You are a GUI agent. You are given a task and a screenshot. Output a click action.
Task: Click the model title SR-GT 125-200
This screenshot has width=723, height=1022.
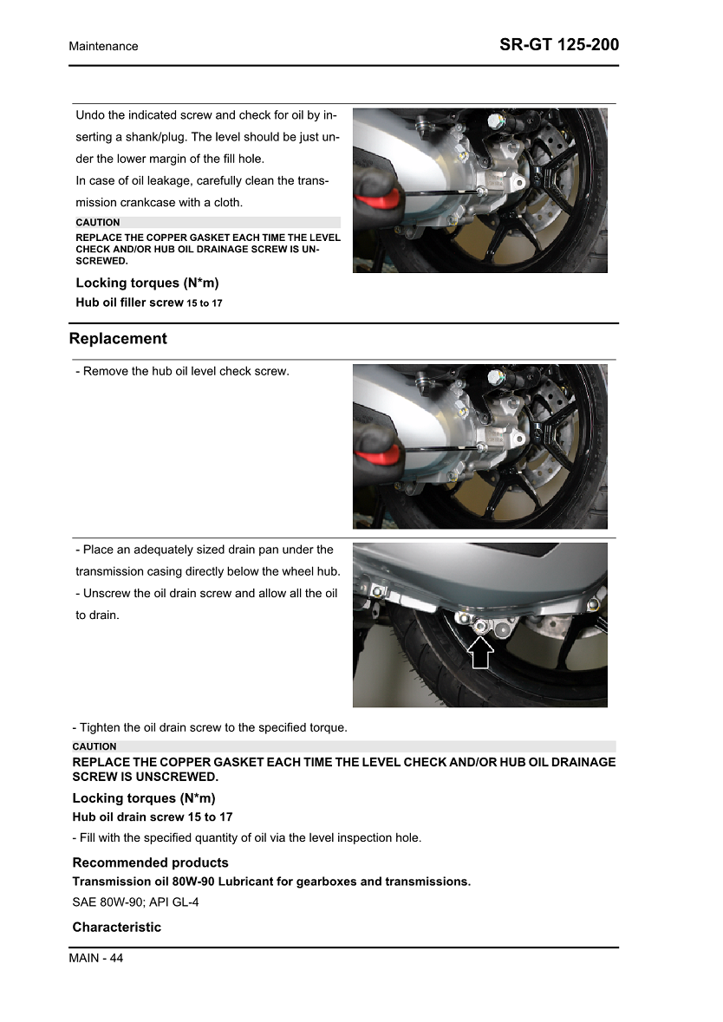coord(559,45)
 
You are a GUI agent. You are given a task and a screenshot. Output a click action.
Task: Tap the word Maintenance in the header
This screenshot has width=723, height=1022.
coord(103,46)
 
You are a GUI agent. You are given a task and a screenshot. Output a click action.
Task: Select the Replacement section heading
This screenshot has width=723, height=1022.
coord(118,338)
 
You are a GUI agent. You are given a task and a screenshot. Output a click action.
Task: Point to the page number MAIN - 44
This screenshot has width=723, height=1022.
coord(96,958)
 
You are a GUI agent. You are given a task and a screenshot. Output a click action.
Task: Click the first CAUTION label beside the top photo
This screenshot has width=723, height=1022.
coord(98,223)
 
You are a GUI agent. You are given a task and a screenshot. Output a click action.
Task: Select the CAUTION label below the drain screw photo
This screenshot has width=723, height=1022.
coord(94,746)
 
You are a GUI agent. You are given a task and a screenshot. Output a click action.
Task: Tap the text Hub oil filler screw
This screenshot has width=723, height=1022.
coord(129,303)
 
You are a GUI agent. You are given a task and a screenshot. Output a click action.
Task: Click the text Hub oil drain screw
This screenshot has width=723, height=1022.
coord(128,817)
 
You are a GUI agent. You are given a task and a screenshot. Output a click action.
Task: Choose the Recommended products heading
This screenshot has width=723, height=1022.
coord(150,863)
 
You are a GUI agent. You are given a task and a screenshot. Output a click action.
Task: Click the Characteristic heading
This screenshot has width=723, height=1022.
coord(116,927)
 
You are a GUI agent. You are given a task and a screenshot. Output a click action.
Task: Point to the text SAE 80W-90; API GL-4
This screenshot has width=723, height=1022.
coord(137,902)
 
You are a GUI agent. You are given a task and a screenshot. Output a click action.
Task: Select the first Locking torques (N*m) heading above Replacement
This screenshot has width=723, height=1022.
coord(147,283)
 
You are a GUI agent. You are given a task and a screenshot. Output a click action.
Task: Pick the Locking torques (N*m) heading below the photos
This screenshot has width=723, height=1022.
coord(143,797)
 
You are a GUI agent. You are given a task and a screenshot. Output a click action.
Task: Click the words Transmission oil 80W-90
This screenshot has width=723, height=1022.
coord(143,882)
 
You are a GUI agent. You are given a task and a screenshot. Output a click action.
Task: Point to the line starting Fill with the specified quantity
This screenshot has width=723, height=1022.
coord(246,837)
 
